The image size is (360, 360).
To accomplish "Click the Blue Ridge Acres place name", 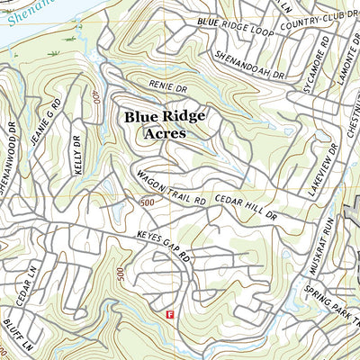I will pyautogui.click(x=165, y=124).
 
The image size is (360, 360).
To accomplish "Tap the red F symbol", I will pyautogui.click(x=170, y=313).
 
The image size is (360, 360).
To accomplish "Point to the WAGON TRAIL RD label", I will pyautogui.click(x=171, y=188).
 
